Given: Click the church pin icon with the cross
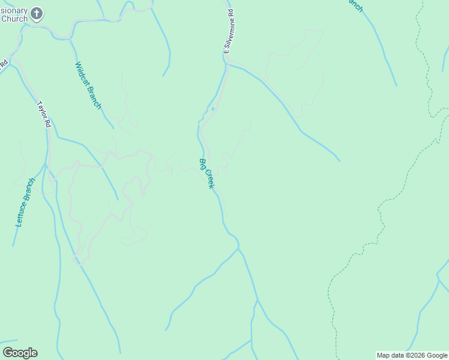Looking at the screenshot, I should [x=37, y=13].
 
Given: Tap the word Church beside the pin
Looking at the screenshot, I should [x=14, y=19].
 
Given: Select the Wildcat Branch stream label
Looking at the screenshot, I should [x=88, y=85].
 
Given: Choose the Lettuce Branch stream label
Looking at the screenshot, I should [x=25, y=202].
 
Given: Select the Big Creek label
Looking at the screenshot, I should [x=206, y=173].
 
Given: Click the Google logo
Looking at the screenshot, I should [x=20, y=353].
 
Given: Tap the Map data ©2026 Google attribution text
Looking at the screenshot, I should [x=412, y=355].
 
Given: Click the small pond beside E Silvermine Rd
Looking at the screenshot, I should [x=212, y=109].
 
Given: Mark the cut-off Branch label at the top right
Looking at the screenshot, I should [x=355, y=5].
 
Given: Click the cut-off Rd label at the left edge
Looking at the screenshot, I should [x=4, y=63].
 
